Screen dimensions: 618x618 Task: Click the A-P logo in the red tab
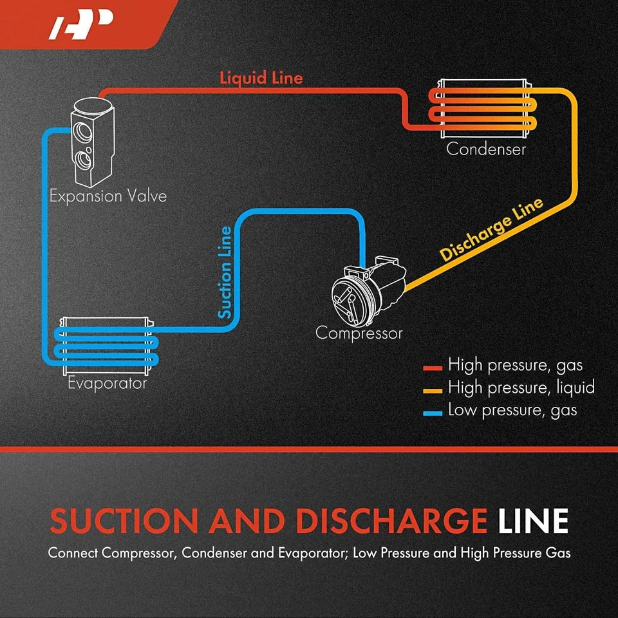(81, 25)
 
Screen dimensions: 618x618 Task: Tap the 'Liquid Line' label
(261, 78)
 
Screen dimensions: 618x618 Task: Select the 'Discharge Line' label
(491, 229)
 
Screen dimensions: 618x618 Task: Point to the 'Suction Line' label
(225, 272)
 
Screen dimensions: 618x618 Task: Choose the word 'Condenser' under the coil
(486, 149)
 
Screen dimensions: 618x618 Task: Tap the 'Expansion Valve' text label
(108, 196)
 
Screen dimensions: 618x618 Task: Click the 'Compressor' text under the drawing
(359, 333)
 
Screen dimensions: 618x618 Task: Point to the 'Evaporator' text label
(107, 384)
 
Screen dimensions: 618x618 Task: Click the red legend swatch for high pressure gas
(433, 368)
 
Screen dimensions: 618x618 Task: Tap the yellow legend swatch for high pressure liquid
(433, 389)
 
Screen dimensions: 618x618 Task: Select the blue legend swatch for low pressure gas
(433, 411)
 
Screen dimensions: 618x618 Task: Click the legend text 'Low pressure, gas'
(512, 411)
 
